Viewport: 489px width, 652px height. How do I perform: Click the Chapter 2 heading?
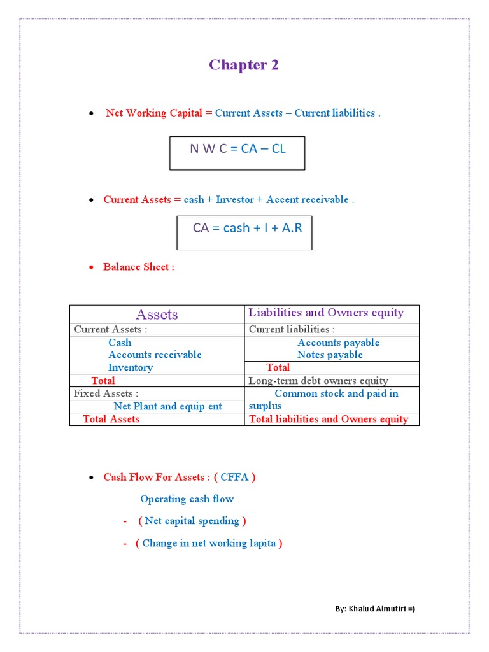click(244, 65)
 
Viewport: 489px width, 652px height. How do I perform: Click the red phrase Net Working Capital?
click(154, 113)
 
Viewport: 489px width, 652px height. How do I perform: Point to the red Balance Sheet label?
click(138, 267)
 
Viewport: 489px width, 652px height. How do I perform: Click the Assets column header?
click(157, 315)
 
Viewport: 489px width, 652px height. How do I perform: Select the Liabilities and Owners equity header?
click(326, 313)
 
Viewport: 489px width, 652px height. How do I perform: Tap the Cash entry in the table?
click(120, 343)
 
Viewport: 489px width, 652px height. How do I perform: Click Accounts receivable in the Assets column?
click(155, 355)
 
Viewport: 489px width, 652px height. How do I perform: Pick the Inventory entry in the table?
click(131, 367)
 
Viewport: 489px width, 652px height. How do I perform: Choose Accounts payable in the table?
click(338, 343)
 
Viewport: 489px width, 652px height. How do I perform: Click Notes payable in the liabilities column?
click(330, 355)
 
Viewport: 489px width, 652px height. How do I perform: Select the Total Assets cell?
click(111, 419)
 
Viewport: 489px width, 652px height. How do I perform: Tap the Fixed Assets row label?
click(106, 393)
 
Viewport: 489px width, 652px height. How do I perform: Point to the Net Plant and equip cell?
click(168, 406)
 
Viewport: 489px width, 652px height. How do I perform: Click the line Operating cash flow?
click(187, 499)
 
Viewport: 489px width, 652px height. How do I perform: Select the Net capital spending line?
click(192, 521)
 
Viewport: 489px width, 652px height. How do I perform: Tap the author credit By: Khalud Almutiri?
click(375, 609)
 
